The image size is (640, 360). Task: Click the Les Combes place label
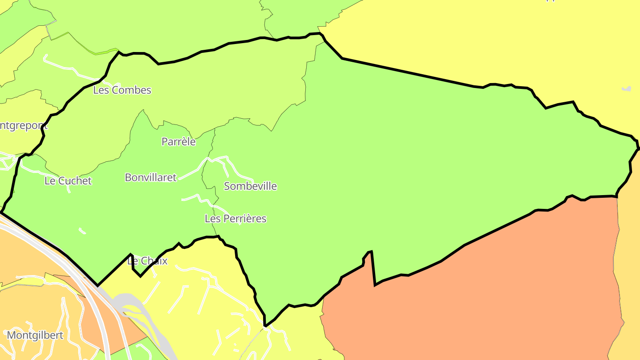(122, 90)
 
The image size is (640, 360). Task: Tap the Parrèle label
(178, 142)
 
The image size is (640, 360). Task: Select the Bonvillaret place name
(151, 178)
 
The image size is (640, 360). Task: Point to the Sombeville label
(250, 186)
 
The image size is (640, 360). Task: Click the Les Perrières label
(236, 219)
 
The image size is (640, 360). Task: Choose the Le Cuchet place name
(68, 181)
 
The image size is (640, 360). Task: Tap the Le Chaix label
(148, 261)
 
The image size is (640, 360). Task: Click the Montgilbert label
(36, 335)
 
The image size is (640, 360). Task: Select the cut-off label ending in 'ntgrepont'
(24, 125)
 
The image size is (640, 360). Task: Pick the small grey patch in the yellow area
(627, 89)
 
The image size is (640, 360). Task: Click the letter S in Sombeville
(227, 186)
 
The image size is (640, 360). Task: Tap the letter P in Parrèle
(164, 142)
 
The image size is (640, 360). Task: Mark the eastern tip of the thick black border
(639, 148)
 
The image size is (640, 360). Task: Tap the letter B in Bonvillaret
(128, 178)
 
